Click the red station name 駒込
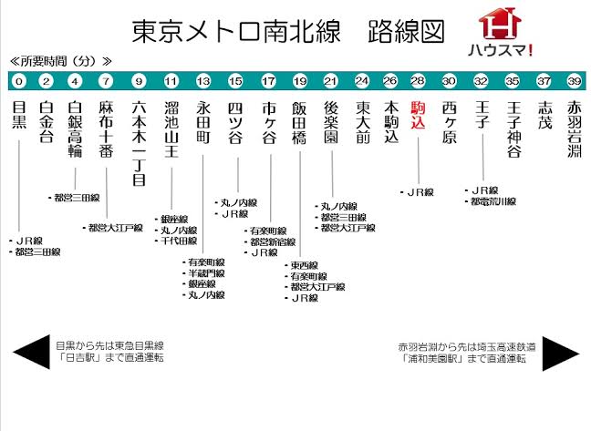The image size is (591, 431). click(x=418, y=115)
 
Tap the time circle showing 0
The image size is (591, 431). click(x=19, y=81)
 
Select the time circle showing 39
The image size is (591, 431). click(x=574, y=81)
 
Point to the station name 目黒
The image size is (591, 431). click(x=19, y=115)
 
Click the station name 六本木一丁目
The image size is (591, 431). click(x=139, y=143)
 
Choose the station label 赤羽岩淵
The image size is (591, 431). click(x=575, y=129)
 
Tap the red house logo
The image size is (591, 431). click(x=500, y=23)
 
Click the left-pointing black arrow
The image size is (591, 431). click(x=31, y=352)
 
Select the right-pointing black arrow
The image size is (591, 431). click(x=561, y=354)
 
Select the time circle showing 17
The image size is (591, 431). click(x=268, y=81)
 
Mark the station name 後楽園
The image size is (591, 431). click(x=331, y=122)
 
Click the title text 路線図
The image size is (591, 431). click(x=407, y=31)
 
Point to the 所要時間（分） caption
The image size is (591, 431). click(x=61, y=61)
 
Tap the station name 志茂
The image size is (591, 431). click(x=545, y=115)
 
